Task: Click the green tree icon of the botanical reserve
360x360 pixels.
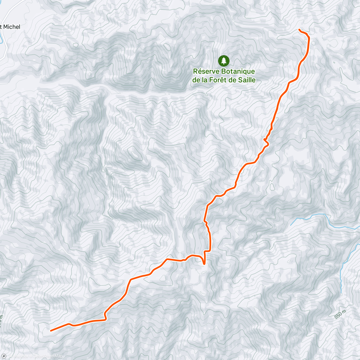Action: point(224,61)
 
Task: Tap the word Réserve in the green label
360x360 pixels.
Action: point(206,71)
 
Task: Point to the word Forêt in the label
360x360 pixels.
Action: point(225,80)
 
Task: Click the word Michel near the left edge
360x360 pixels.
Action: point(11,27)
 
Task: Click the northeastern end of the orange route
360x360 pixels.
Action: point(299,29)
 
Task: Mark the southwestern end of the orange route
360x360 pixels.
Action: point(51,331)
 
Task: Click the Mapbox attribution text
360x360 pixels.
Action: point(20,356)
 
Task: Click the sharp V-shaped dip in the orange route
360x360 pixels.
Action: point(204,263)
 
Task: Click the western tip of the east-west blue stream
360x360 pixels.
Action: point(291,225)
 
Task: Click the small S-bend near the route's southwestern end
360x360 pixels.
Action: point(106,316)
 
